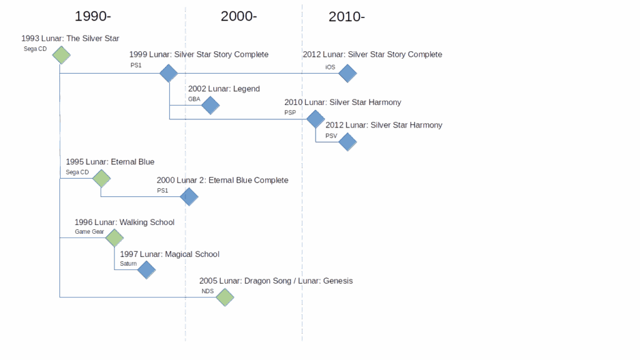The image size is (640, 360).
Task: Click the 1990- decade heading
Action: [92, 16]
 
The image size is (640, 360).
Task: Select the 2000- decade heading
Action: [239, 16]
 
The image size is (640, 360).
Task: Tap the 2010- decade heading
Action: [346, 17]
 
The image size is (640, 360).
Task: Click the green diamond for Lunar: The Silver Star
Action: [61, 55]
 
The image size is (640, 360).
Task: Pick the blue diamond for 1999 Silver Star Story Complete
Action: [169, 74]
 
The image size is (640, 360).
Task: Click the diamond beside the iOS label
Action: [347, 74]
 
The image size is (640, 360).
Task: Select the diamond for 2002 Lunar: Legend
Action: [211, 105]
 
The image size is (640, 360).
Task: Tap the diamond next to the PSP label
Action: [316, 119]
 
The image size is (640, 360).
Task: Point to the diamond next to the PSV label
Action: [347, 142]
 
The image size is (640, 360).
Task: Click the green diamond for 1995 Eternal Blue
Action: [101, 178]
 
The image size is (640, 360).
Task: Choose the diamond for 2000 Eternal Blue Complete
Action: [189, 197]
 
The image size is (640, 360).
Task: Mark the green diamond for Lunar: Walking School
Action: [114, 238]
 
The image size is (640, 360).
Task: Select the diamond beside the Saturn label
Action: [146, 270]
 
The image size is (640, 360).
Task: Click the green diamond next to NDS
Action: [225, 297]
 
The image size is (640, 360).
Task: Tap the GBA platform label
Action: [194, 99]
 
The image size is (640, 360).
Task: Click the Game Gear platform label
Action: [89, 232]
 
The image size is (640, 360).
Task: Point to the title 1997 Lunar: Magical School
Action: [170, 254]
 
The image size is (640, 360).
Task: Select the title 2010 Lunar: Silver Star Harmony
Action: [343, 102]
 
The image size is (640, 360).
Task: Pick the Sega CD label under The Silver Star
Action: [35, 49]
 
